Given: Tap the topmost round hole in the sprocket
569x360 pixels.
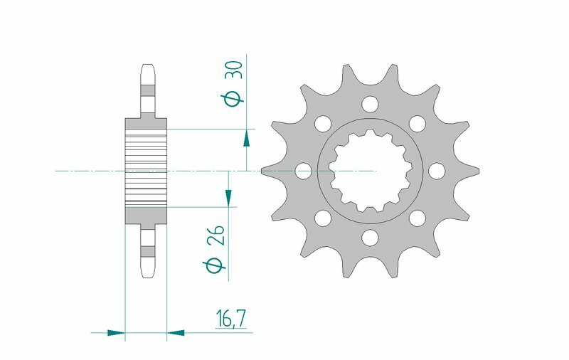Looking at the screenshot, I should point(369,105).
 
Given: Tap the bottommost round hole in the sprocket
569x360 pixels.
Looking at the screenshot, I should point(369,236).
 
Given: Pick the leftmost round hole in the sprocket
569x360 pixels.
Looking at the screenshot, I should point(303,171).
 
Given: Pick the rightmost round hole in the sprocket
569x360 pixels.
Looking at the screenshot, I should point(435,171).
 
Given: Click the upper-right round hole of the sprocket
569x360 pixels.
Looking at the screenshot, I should point(416,124).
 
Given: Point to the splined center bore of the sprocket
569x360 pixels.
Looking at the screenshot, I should point(369,171).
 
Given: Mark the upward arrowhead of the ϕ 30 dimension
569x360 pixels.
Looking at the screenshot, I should point(247,137).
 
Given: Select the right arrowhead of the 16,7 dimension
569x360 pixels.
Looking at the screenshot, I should point(176,332).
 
